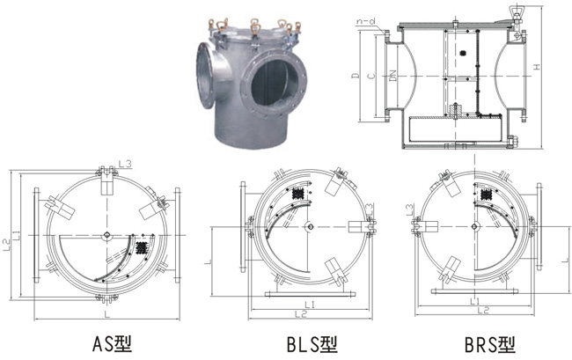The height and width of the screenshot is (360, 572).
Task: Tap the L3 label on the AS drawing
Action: pos(125,164)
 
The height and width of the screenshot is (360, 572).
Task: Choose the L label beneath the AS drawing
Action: pos(106,314)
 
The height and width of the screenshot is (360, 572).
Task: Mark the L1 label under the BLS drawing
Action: pos(312,303)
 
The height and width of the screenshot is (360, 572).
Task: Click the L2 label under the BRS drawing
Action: pos(481,310)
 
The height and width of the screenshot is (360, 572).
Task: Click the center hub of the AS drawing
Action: pos(106,234)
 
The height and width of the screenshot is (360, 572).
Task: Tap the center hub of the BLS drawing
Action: pos(309,227)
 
